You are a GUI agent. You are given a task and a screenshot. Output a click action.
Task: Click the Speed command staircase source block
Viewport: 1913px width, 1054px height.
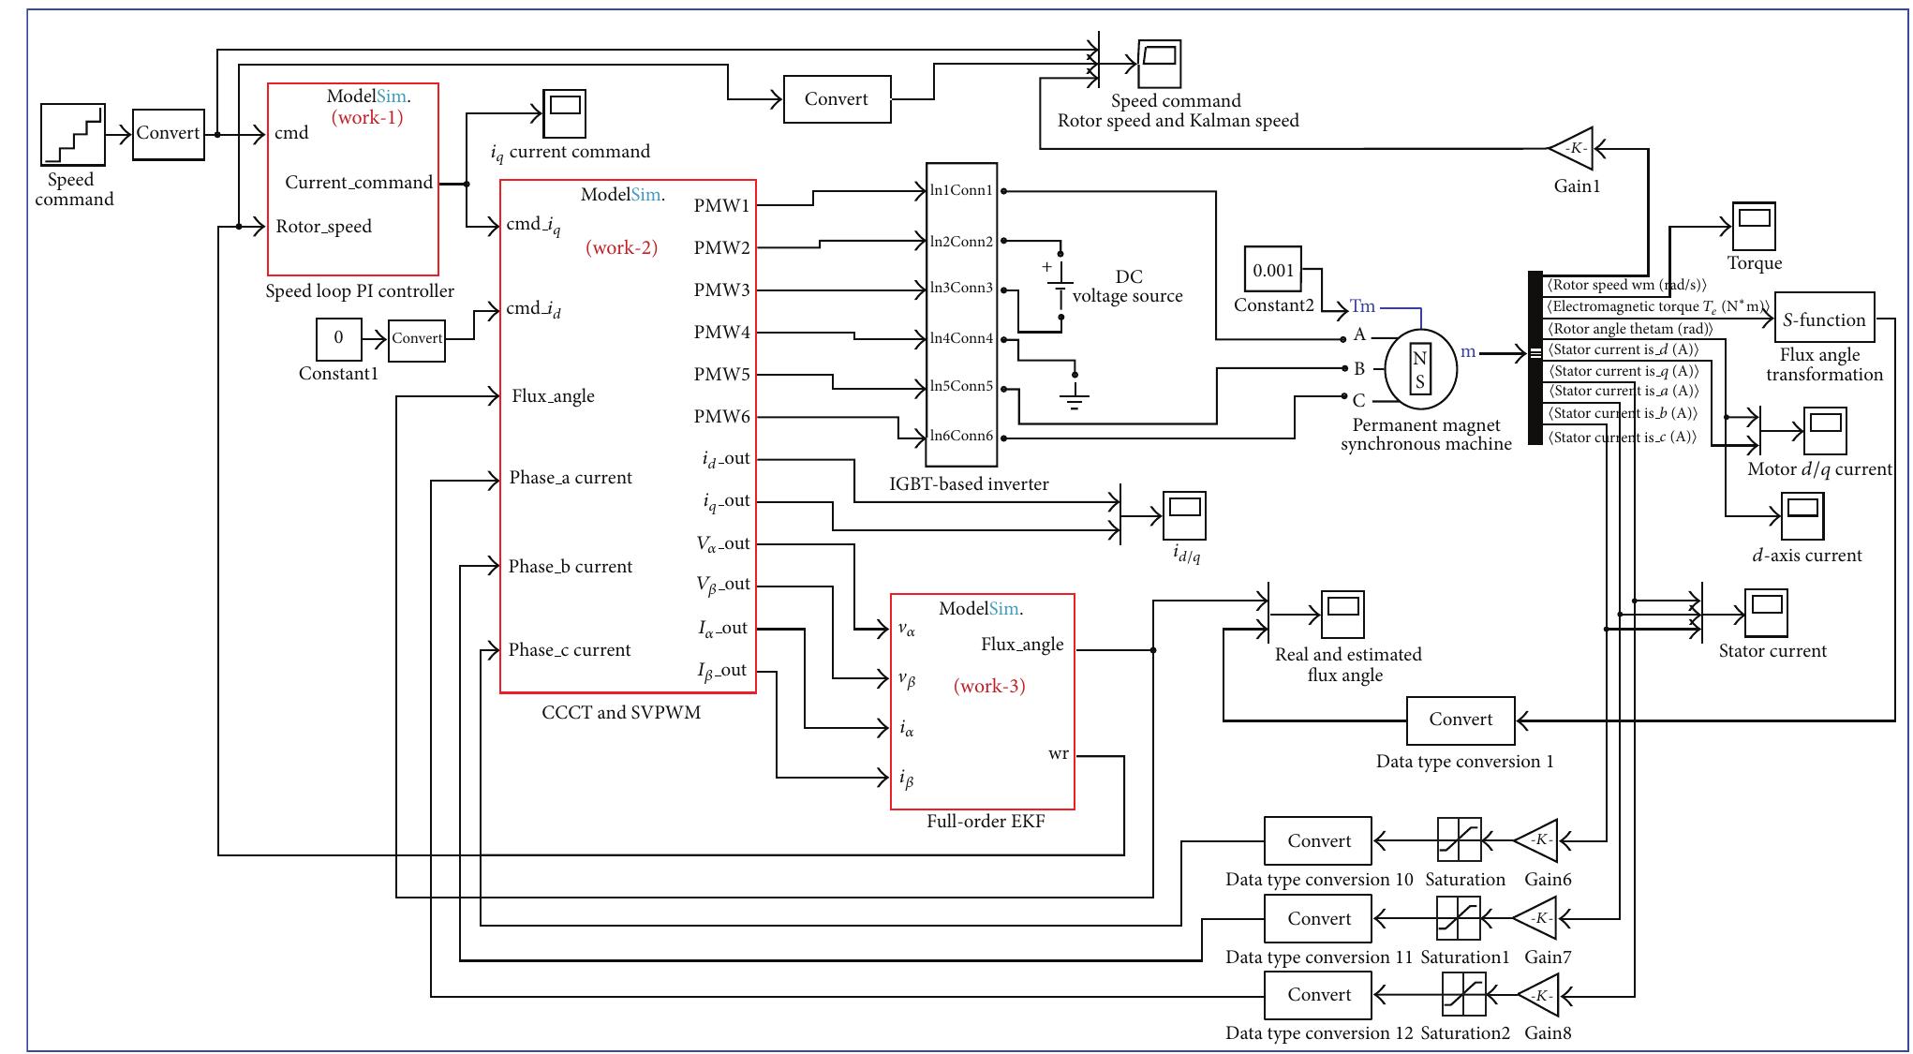point(72,134)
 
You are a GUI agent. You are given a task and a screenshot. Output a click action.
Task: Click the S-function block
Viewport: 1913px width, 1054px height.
point(1824,319)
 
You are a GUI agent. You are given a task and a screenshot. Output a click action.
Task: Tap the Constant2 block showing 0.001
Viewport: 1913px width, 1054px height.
point(1273,270)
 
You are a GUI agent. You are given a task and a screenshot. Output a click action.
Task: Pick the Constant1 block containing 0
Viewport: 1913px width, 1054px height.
point(338,338)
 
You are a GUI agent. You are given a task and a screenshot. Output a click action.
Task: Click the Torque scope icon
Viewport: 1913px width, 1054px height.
point(1753,225)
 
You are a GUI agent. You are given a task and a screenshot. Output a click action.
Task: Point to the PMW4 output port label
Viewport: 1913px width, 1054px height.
point(721,332)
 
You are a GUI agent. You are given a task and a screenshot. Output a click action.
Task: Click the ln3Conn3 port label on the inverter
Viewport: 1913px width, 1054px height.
point(960,288)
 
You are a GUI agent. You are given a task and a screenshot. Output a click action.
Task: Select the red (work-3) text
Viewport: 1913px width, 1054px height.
point(989,686)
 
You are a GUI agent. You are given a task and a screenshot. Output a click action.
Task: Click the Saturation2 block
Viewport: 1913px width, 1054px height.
point(1464,995)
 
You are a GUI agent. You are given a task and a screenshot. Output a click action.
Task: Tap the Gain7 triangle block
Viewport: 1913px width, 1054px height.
point(1536,918)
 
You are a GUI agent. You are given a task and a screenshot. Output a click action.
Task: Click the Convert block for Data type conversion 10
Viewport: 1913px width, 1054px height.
point(1318,840)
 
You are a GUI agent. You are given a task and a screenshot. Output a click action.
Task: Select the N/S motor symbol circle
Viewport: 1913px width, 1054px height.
point(1420,369)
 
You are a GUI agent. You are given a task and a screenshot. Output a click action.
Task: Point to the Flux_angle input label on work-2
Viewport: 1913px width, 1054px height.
point(553,396)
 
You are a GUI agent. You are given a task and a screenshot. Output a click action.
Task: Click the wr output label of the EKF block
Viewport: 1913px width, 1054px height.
point(1058,754)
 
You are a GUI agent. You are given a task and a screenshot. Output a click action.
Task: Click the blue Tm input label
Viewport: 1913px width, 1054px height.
point(1363,306)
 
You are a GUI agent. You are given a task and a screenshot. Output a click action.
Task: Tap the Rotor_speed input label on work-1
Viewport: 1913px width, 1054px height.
point(323,227)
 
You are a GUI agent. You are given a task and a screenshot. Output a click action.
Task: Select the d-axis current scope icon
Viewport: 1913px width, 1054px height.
point(1802,516)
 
